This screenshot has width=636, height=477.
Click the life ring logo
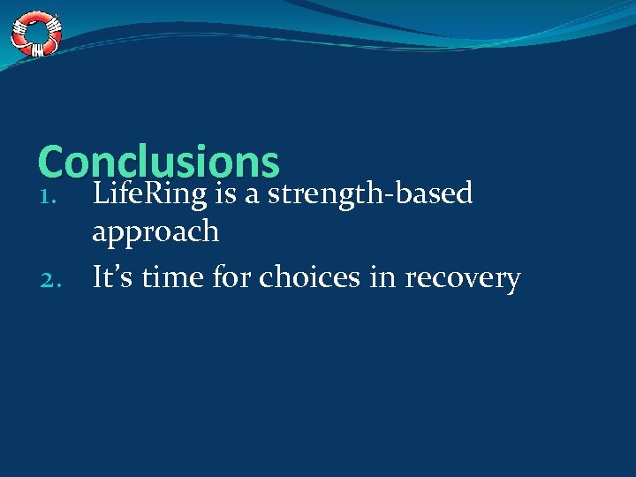[36, 34]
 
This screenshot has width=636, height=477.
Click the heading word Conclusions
[159, 163]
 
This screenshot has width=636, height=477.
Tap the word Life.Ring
[148, 193]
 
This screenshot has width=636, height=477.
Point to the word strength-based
[371, 193]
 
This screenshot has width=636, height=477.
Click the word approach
[155, 232]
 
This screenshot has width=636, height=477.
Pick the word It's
[112, 277]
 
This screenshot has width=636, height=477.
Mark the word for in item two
[234, 277]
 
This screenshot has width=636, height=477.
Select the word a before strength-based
[252, 194]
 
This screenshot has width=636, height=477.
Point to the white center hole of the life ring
[36, 34]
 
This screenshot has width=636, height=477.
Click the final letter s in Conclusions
[269, 165]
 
